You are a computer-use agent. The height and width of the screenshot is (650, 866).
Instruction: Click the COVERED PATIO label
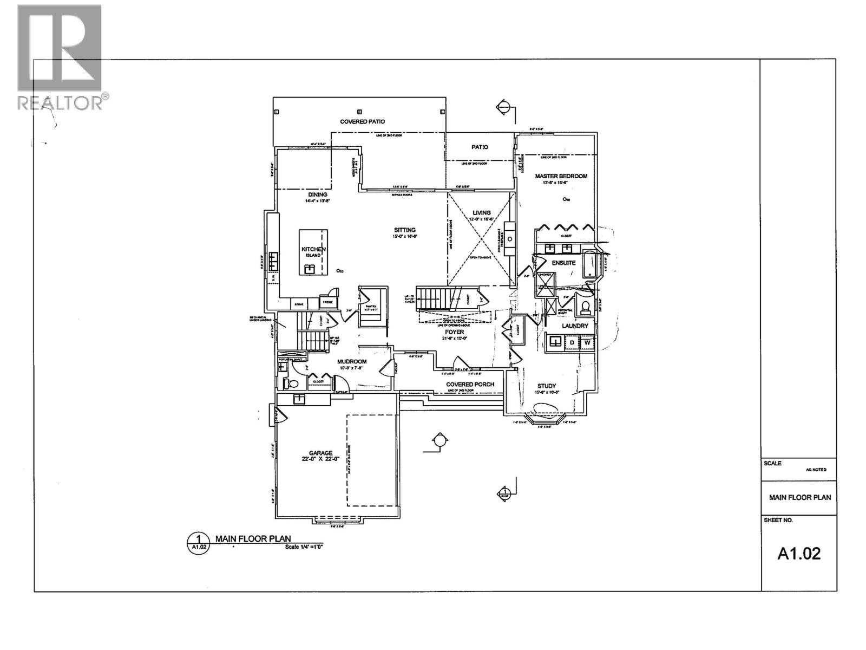[x=362, y=122]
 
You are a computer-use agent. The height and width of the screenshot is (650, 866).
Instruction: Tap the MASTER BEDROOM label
[x=561, y=176]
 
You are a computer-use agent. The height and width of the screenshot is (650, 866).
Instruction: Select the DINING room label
[x=318, y=195]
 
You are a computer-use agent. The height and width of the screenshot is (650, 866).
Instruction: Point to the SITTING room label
[x=404, y=230]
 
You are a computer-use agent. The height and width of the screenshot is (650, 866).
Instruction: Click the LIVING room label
[x=481, y=213]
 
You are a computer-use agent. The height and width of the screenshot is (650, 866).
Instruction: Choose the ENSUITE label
[x=563, y=263]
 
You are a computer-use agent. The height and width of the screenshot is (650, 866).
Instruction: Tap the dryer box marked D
[x=572, y=343]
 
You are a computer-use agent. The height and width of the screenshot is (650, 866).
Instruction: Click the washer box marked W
[x=587, y=343]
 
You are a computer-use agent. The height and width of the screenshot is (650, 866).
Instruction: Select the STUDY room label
[x=547, y=386]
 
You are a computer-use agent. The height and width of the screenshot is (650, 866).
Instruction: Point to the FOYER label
[x=454, y=332]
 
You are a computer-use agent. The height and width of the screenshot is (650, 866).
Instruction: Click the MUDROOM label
[x=352, y=362]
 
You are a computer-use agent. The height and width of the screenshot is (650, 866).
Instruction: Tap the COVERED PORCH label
[x=470, y=385]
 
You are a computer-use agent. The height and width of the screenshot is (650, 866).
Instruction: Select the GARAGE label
[x=320, y=453]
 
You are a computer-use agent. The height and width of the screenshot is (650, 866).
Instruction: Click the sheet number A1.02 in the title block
[x=799, y=553]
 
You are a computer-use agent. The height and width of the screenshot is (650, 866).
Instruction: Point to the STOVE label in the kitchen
[x=299, y=305]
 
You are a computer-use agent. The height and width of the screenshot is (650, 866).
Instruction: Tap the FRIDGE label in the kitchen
[x=327, y=302]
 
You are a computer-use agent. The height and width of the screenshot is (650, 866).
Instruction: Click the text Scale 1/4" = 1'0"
[x=304, y=547]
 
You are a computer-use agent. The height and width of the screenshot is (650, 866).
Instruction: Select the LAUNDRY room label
[x=574, y=326]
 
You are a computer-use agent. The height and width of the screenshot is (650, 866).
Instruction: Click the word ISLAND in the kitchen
[x=313, y=255]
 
